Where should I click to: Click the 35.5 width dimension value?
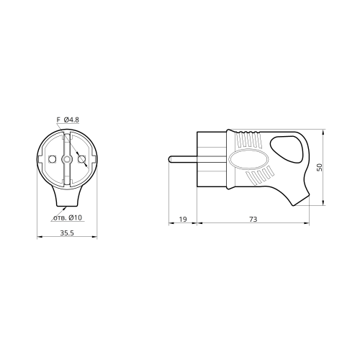point(67,233)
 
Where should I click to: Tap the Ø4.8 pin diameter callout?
point(71,120)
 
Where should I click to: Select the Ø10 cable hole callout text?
point(75,217)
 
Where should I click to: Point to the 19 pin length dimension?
point(183,219)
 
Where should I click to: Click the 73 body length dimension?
point(253,219)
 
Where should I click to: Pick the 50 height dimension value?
point(319,167)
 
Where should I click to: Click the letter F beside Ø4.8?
point(58,120)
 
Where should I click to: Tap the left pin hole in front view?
point(52,159)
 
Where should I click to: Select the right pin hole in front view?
point(82,159)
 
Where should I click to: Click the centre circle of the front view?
point(67,159)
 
